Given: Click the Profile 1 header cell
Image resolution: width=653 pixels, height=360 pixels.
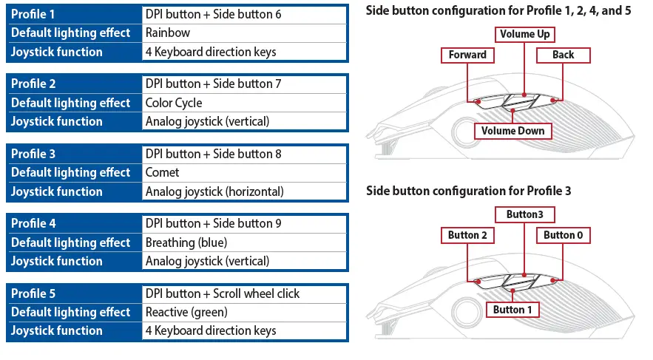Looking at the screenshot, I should pyautogui.click(x=73, y=14).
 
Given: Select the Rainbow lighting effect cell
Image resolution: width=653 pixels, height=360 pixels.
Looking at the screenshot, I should pyautogui.click(x=244, y=33).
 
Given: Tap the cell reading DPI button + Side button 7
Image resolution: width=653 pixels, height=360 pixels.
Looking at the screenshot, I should pyautogui.click(x=244, y=84).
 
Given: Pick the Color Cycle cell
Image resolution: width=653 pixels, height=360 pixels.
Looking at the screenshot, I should pyautogui.click(x=244, y=103).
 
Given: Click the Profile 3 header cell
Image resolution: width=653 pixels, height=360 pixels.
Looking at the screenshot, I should pyautogui.click(x=73, y=154).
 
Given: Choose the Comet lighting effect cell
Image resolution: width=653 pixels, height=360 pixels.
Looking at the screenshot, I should pyautogui.click(x=244, y=172).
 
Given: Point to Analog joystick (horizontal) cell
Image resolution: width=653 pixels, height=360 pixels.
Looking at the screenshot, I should pyautogui.click(x=244, y=191).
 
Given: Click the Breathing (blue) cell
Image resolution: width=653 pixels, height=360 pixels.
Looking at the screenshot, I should pyautogui.click(x=244, y=242).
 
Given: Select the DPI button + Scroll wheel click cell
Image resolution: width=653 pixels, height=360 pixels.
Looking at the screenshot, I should pyautogui.click(x=244, y=293).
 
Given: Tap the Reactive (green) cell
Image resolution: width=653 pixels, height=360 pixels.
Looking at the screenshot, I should pyautogui.click(x=244, y=312).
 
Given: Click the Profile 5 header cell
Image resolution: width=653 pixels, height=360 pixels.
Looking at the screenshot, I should pyautogui.click(x=73, y=293).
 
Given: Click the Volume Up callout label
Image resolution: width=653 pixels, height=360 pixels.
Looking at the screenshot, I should pyautogui.click(x=525, y=35).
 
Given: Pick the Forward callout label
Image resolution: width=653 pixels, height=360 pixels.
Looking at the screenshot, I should pyautogui.click(x=467, y=55).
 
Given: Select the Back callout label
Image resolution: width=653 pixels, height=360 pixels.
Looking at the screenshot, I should pyautogui.click(x=563, y=55).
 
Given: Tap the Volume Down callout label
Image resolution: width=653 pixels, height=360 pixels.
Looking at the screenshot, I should pyautogui.click(x=512, y=131).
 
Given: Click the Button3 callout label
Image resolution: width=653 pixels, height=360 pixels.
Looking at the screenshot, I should pyautogui.click(x=524, y=214).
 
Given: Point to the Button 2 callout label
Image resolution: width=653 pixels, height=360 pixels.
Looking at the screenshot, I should pyautogui.click(x=467, y=235).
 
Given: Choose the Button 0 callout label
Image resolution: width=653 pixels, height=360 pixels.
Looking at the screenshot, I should pyautogui.click(x=564, y=235).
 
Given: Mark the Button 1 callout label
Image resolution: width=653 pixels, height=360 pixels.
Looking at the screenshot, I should pyautogui.click(x=512, y=309).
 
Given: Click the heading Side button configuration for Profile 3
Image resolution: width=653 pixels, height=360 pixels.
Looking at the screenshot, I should pyautogui.click(x=469, y=191).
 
